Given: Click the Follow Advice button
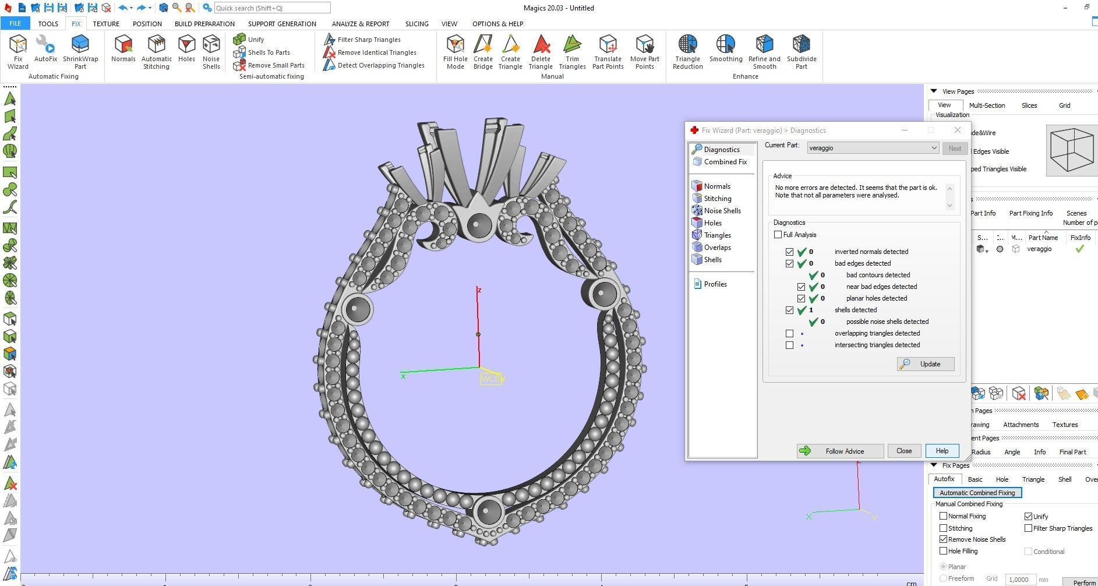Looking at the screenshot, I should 840,451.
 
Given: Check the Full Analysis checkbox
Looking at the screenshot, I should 778,235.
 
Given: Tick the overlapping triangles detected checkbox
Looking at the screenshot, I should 789,334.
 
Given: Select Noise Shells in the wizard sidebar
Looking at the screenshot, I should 722,211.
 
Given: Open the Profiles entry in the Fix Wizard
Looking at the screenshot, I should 715,284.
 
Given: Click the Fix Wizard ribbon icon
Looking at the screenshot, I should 17,51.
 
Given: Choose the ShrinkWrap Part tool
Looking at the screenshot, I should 80,51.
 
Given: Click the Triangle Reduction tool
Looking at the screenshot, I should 687,51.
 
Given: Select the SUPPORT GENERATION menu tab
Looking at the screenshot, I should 282,24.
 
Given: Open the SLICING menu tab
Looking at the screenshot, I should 416,24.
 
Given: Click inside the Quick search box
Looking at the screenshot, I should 271,8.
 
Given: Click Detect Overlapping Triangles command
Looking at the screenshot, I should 380,65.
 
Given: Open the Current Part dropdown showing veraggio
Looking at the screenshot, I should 873,148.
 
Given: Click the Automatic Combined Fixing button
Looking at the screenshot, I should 977,493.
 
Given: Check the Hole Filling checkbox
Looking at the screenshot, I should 943,551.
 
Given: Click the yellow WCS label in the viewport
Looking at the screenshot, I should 490,379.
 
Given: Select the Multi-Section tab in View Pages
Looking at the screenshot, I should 987,105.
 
